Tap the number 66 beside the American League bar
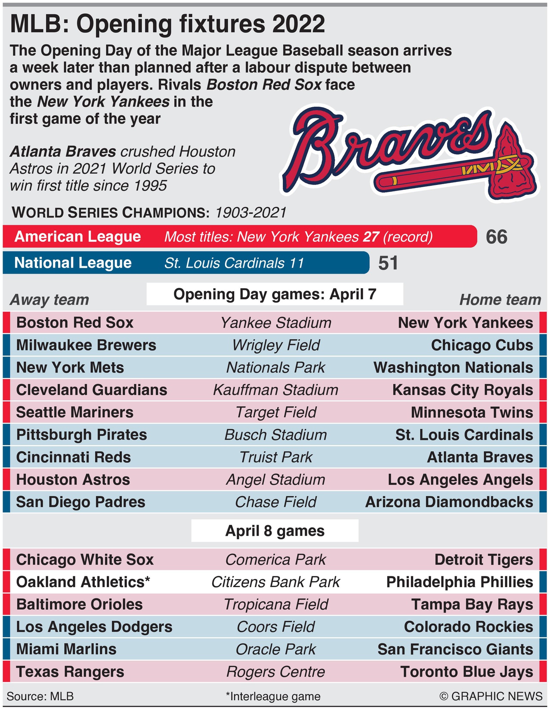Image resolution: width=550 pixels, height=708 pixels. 496,237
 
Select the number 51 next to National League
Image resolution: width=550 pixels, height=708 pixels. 388,263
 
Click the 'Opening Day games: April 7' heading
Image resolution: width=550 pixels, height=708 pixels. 275,294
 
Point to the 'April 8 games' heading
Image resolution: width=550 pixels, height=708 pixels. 275,531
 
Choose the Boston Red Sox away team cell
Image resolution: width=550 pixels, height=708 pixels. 75,323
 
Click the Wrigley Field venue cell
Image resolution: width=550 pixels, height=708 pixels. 276,345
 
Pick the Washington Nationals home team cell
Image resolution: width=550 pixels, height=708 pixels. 453,367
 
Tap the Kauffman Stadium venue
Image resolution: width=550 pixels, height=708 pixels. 276,390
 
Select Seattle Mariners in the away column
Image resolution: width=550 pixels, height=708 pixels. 74,412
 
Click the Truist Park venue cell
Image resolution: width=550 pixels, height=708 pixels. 276,457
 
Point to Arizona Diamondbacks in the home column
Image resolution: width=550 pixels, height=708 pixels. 449,502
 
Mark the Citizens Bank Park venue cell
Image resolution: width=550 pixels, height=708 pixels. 276,582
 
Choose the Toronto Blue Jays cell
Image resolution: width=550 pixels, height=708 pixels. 467,672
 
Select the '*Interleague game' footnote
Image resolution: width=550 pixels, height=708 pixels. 273,696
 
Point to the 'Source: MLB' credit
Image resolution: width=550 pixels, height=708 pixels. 40,696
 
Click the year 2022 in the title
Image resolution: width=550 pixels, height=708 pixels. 299,24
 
